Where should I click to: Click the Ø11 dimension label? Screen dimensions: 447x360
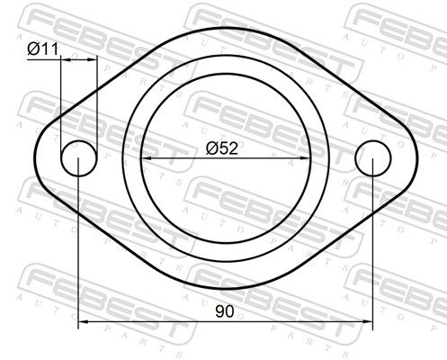(x=43, y=49)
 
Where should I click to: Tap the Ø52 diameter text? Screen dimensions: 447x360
(x=222, y=148)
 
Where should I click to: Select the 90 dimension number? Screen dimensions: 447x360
(x=225, y=311)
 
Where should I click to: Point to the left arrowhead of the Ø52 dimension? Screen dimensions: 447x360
(x=146, y=158)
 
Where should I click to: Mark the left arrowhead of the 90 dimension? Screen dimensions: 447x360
(x=83, y=321)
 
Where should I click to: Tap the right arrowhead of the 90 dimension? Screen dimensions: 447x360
(x=368, y=321)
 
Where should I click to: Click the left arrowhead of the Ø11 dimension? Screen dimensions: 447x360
(x=66, y=59)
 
